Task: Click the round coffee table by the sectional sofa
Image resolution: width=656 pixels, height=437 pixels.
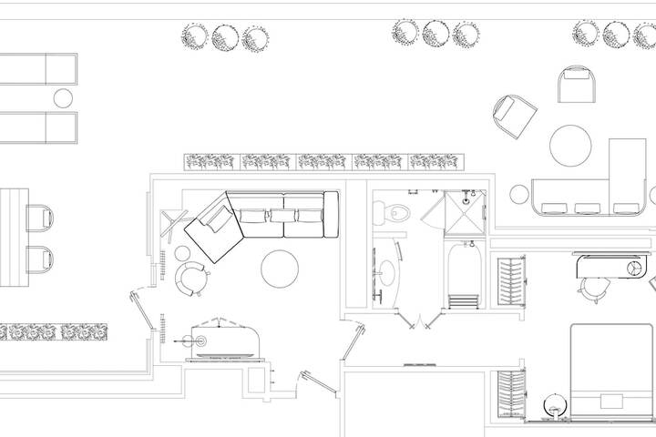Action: click(x=281, y=268)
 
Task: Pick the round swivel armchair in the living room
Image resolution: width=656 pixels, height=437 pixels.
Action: click(x=192, y=278)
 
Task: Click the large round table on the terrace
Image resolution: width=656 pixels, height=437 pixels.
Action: click(x=571, y=146)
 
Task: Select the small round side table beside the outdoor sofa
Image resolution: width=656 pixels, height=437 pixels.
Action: click(x=519, y=194)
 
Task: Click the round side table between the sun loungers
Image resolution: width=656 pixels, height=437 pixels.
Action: click(x=63, y=97)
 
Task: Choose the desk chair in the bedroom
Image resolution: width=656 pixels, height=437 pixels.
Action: click(x=594, y=288)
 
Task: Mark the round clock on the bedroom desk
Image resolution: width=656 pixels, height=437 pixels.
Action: click(x=634, y=267)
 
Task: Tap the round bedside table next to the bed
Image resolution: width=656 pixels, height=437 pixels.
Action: click(x=552, y=403)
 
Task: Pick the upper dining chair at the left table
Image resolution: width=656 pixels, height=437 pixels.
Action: click(x=40, y=218)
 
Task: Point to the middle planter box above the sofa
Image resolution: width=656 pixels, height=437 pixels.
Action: click(x=323, y=162)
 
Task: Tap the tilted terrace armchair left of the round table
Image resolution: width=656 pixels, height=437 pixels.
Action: click(x=514, y=116)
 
